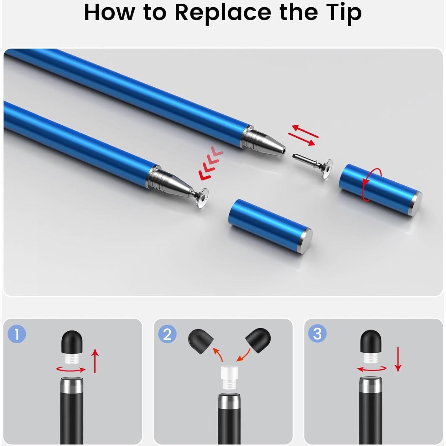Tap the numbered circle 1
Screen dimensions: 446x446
(x=17, y=334)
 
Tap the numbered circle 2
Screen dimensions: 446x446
(x=167, y=334)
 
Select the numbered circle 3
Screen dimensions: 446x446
(x=317, y=334)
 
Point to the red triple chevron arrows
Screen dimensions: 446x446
(x=211, y=163)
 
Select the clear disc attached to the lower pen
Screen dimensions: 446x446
(x=201, y=197)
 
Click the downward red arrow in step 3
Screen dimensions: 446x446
(x=398, y=359)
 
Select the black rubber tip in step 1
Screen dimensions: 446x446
(x=72, y=342)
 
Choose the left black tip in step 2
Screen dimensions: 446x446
(x=201, y=341)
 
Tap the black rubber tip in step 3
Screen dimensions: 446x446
(x=371, y=341)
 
